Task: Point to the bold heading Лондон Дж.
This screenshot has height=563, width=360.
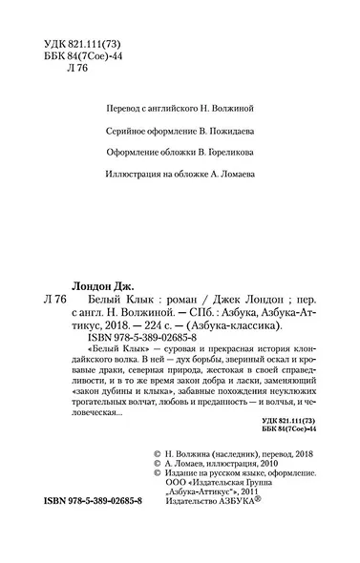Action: pyautogui.click(x=106, y=283)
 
